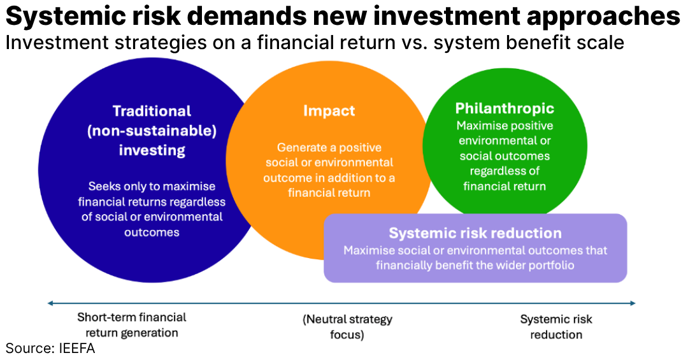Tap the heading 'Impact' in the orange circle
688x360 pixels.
click(329, 111)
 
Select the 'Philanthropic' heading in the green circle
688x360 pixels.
click(505, 108)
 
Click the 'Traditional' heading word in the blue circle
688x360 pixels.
click(152, 111)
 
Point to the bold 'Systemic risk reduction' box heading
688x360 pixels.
click(475, 233)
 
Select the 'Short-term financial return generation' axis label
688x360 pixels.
click(132, 325)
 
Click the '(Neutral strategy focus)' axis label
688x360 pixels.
click(347, 326)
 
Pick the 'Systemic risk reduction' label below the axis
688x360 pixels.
click(556, 326)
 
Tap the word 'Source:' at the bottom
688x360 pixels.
click(27, 349)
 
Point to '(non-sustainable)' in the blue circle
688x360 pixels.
click(152, 131)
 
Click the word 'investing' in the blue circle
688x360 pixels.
click(152, 150)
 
